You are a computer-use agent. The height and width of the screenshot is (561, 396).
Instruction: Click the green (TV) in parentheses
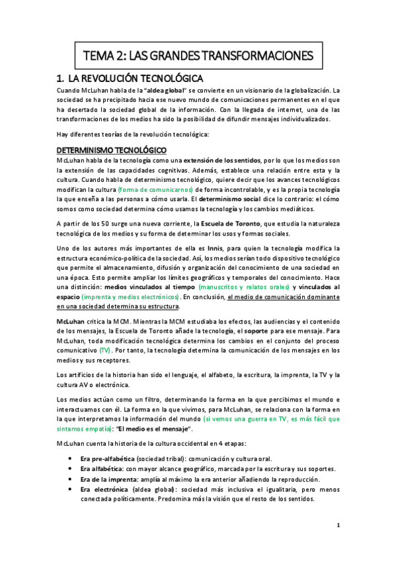[x=105, y=349]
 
